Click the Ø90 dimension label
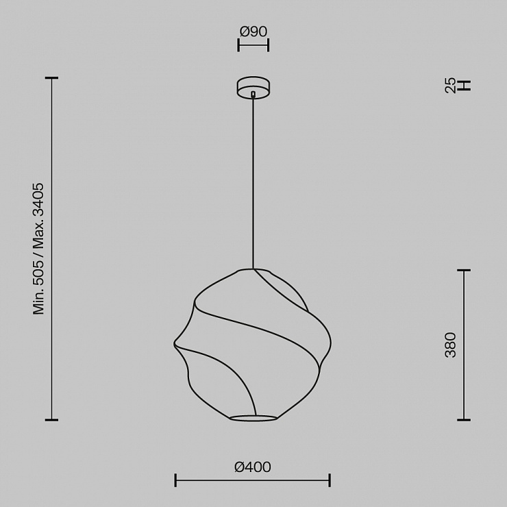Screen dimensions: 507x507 [x=253, y=32]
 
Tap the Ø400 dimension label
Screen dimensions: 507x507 [x=253, y=467]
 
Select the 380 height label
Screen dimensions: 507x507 [x=450, y=345]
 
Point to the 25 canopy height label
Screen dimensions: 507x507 [x=450, y=86]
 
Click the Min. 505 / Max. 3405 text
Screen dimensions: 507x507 [x=38, y=249]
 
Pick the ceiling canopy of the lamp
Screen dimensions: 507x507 [x=253, y=87]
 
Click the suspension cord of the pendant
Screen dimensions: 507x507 [x=253, y=183]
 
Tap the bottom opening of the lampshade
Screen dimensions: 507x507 [x=253, y=418]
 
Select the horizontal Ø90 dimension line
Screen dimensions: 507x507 [x=253, y=45]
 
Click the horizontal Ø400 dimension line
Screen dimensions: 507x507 [x=253, y=480]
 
